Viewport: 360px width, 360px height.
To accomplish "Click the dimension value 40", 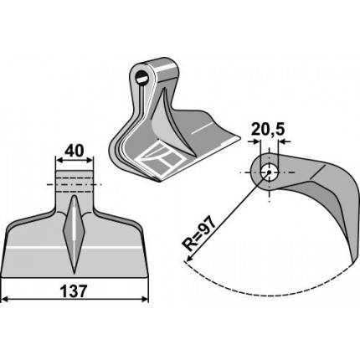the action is [74, 152].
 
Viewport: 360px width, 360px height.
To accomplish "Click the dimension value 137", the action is [74, 291].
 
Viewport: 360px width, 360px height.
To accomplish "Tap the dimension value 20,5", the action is [268, 130].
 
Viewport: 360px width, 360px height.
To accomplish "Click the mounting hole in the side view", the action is [269, 172].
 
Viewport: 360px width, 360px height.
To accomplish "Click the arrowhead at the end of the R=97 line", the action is [188, 259].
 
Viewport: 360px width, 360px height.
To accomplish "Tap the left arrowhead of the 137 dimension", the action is [5, 300].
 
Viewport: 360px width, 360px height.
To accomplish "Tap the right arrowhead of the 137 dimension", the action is [145, 300].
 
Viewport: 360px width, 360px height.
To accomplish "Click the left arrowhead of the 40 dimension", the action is [59, 160].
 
